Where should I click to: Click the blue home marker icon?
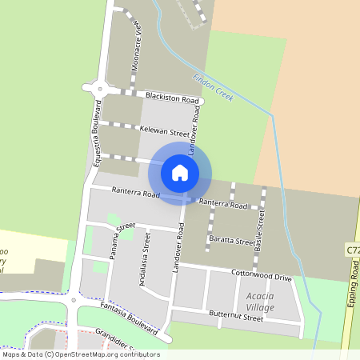click(180, 173)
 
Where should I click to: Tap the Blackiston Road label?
click(171, 98)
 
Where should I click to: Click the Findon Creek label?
click(213, 87)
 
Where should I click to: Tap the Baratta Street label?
click(232, 240)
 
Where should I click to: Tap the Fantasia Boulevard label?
click(129, 318)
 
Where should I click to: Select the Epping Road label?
click(354, 280)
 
